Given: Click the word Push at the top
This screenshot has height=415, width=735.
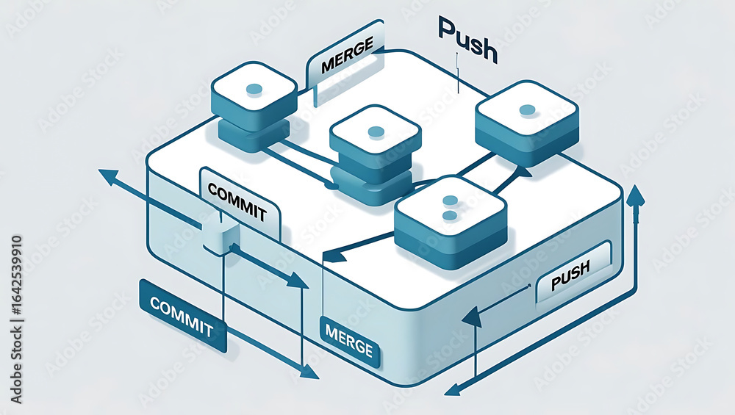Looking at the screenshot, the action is pyautogui.click(x=467, y=40).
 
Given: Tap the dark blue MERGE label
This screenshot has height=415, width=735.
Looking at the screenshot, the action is pyautogui.click(x=349, y=342).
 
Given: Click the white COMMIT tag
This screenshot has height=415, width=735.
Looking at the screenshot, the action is pyautogui.click(x=240, y=203).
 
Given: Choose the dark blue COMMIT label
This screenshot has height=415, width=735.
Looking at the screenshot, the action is pyautogui.click(x=183, y=316).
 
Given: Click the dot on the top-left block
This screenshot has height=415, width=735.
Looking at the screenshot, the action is pyautogui.click(x=254, y=89).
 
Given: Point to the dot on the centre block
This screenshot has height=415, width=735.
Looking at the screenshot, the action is pyautogui.click(x=376, y=131).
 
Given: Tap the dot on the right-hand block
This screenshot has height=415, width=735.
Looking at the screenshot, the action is pyautogui.click(x=527, y=110).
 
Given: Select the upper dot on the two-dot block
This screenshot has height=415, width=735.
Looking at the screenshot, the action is pyautogui.click(x=450, y=201).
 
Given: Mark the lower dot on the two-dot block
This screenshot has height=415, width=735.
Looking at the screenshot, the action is pyautogui.click(x=450, y=216).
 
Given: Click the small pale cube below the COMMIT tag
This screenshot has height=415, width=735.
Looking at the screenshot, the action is pyautogui.click(x=220, y=235).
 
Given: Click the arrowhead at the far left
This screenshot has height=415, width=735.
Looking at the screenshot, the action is pyautogui.click(x=108, y=177).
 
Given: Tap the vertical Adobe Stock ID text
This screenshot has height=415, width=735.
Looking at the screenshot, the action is pyautogui.click(x=16, y=320).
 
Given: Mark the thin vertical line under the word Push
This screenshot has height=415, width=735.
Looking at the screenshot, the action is pyautogui.click(x=456, y=73).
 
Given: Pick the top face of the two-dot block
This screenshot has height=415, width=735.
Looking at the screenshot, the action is pyautogui.click(x=450, y=207).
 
